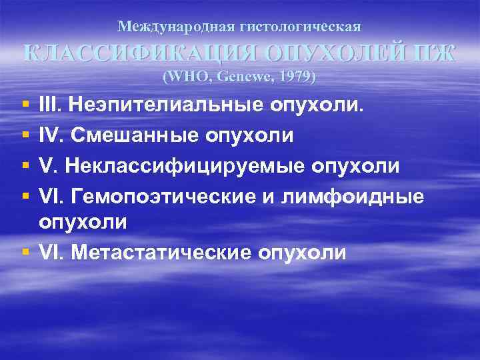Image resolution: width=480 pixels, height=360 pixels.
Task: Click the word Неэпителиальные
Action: (167, 105)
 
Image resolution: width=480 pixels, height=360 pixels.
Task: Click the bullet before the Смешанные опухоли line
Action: (25, 135)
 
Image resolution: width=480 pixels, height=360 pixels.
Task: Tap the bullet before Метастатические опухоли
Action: (25, 252)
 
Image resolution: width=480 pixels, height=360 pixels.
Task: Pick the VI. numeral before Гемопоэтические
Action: (53, 195)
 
